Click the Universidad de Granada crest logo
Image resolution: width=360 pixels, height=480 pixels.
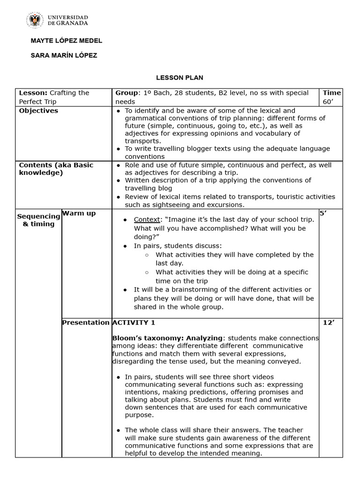pyautogui.click(x=35, y=20)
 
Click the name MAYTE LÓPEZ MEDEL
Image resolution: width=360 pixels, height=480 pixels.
pyautogui.click(x=66, y=41)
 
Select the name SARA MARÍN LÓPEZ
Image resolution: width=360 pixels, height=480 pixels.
pyautogui.click(x=64, y=55)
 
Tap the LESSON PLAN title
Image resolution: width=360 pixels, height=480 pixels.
pyautogui.click(x=180, y=77)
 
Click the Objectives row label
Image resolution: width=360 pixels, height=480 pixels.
pyautogui.click(x=38, y=111)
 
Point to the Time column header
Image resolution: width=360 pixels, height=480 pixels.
pyautogui.click(x=332, y=93)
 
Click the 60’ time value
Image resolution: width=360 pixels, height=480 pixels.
pyautogui.click(x=327, y=102)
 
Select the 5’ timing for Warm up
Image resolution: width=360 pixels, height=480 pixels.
pyautogui.click(x=322, y=213)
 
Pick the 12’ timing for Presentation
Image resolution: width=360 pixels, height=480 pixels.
pyautogui.click(x=328, y=322)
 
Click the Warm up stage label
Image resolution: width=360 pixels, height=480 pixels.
pyautogui.click(x=79, y=213)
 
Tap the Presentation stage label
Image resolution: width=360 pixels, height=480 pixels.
pyautogui.click(x=86, y=322)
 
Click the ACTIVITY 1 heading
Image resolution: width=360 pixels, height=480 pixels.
pyautogui.click(x=134, y=322)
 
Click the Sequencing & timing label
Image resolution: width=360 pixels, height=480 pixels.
pyautogui.click(x=39, y=220)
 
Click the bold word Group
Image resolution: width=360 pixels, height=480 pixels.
pyautogui.click(x=127, y=93)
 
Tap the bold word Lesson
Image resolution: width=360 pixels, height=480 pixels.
pyautogui.click(x=32, y=93)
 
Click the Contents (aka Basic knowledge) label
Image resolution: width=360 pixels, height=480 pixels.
pyautogui.click(x=56, y=169)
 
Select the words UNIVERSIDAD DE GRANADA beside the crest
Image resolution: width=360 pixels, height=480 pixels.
pyautogui.click(x=67, y=20)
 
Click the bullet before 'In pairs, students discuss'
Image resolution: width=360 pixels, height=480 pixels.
pyautogui.click(x=125, y=246)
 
